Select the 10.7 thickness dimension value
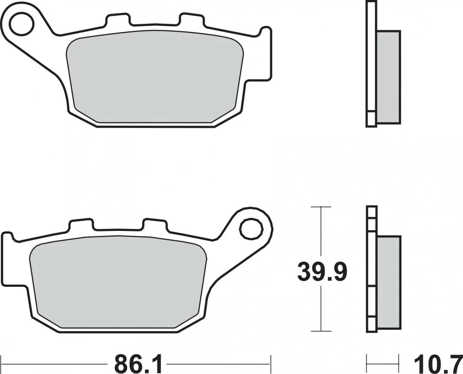click(x=438, y=364)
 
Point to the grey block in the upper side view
click(x=388, y=77)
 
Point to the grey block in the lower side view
click(x=388, y=283)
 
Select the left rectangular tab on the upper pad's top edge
click(x=116, y=19)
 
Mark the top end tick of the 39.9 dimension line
click(x=321, y=207)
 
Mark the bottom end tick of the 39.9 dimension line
click(x=321, y=331)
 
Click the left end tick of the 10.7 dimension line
click(x=367, y=364)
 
